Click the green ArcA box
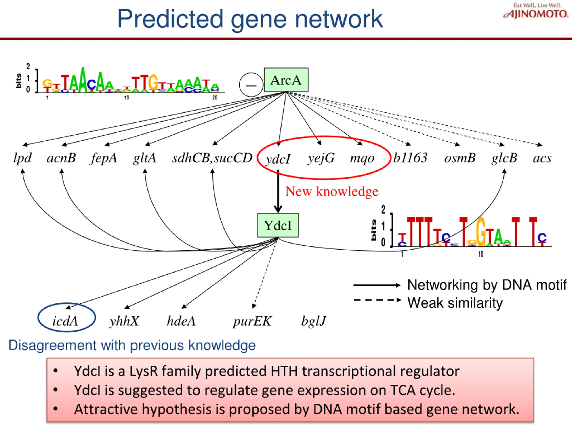(x=286, y=80)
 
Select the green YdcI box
(x=278, y=225)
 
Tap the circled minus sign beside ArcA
(x=251, y=85)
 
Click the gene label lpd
(x=23, y=158)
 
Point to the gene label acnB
(x=61, y=158)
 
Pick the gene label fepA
(x=104, y=158)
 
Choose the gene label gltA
(x=145, y=158)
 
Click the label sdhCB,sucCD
(x=212, y=158)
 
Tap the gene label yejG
(x=321, y=158)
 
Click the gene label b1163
(x=410, y=158)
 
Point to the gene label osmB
(x=460, y=158)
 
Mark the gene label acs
(x=542, y=158)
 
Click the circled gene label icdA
(x=65, y=321)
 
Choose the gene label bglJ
(x=313, y=321)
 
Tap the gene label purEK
(x=252, y=321)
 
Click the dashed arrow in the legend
(x=377, y=300)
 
